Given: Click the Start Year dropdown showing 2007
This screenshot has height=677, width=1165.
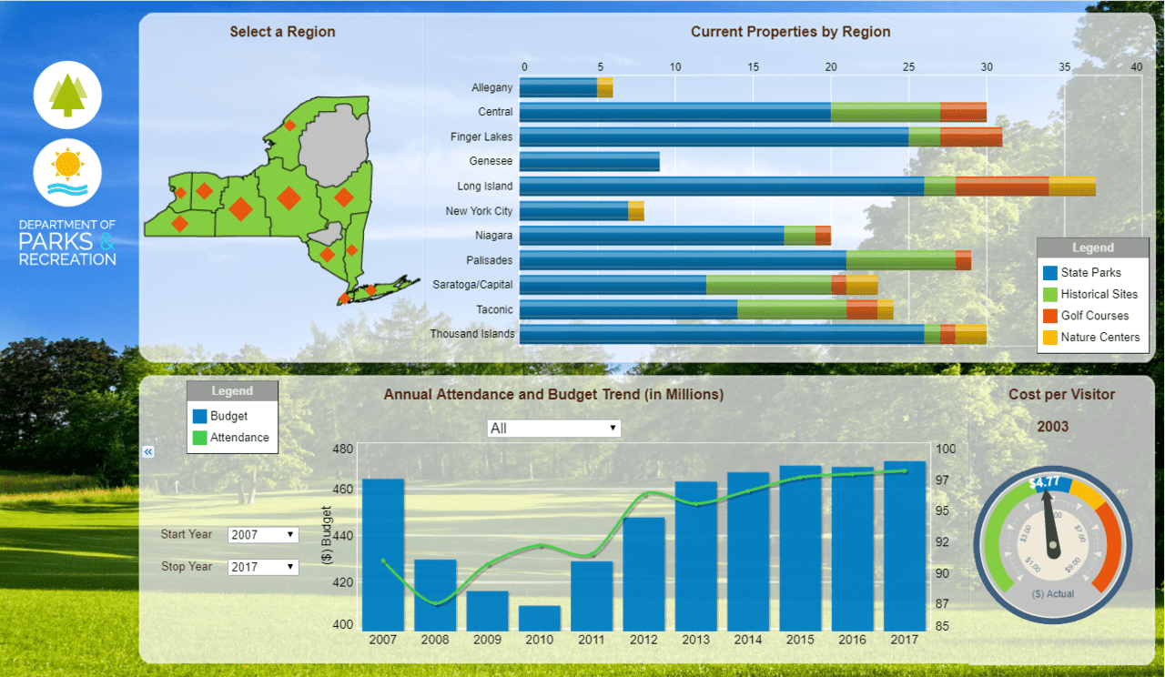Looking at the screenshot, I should [263, 535].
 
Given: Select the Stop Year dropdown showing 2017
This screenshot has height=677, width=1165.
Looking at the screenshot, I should [263, 567].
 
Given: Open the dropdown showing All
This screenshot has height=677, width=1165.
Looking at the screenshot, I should [553, 428].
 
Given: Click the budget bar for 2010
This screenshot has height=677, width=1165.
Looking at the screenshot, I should [540, 619].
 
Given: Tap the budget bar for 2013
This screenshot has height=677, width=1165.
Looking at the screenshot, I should [696, 556].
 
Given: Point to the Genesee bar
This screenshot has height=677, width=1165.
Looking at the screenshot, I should [590, 162].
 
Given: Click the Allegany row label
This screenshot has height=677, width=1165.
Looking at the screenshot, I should [492, 88].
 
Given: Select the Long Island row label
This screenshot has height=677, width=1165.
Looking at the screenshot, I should [485, 187].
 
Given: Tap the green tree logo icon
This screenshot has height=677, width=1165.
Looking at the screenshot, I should [67, 95].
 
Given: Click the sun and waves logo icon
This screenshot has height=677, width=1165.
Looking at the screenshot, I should [67, 173].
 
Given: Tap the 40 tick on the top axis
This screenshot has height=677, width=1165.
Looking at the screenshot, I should [1137, 66].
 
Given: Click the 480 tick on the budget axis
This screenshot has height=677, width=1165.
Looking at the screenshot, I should [343, 450].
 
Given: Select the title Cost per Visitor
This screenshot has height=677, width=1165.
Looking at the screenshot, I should [1061, 395].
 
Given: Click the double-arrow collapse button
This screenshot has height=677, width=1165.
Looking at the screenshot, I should [148, 451].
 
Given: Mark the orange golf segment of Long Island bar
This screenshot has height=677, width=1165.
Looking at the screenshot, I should [1001, 187].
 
